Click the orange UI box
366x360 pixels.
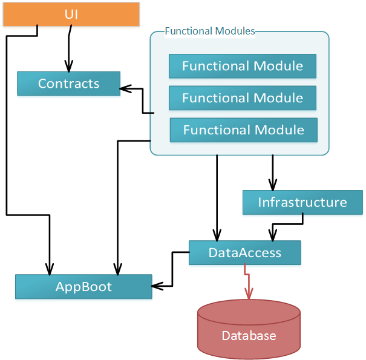click(71, 15)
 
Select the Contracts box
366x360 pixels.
click(68, 83)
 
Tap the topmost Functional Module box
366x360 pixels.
click(242, 66)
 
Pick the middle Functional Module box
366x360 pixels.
click(242, 97)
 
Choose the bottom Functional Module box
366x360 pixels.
click(243, 129)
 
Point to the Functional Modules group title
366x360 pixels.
click(210, 31)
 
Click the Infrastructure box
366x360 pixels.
click(302, 202)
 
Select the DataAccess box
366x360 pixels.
click(244, 252)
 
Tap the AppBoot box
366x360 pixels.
click(83, 286)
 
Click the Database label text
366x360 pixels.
click(249, 336)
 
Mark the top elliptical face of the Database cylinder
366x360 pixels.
click(249, 311)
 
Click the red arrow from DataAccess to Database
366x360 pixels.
click(247, 282)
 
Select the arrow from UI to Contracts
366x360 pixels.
click(68, 51)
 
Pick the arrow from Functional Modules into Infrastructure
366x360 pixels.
click(273, 172)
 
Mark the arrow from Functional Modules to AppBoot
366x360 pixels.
click(117, 206)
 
